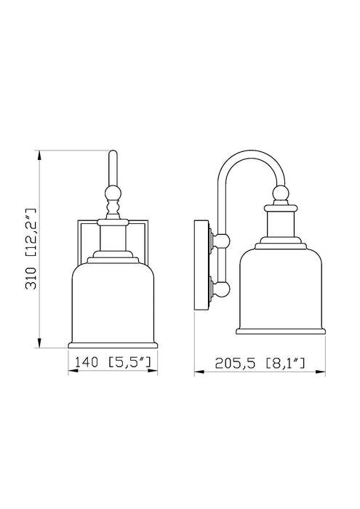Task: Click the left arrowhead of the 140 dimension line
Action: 71,369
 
